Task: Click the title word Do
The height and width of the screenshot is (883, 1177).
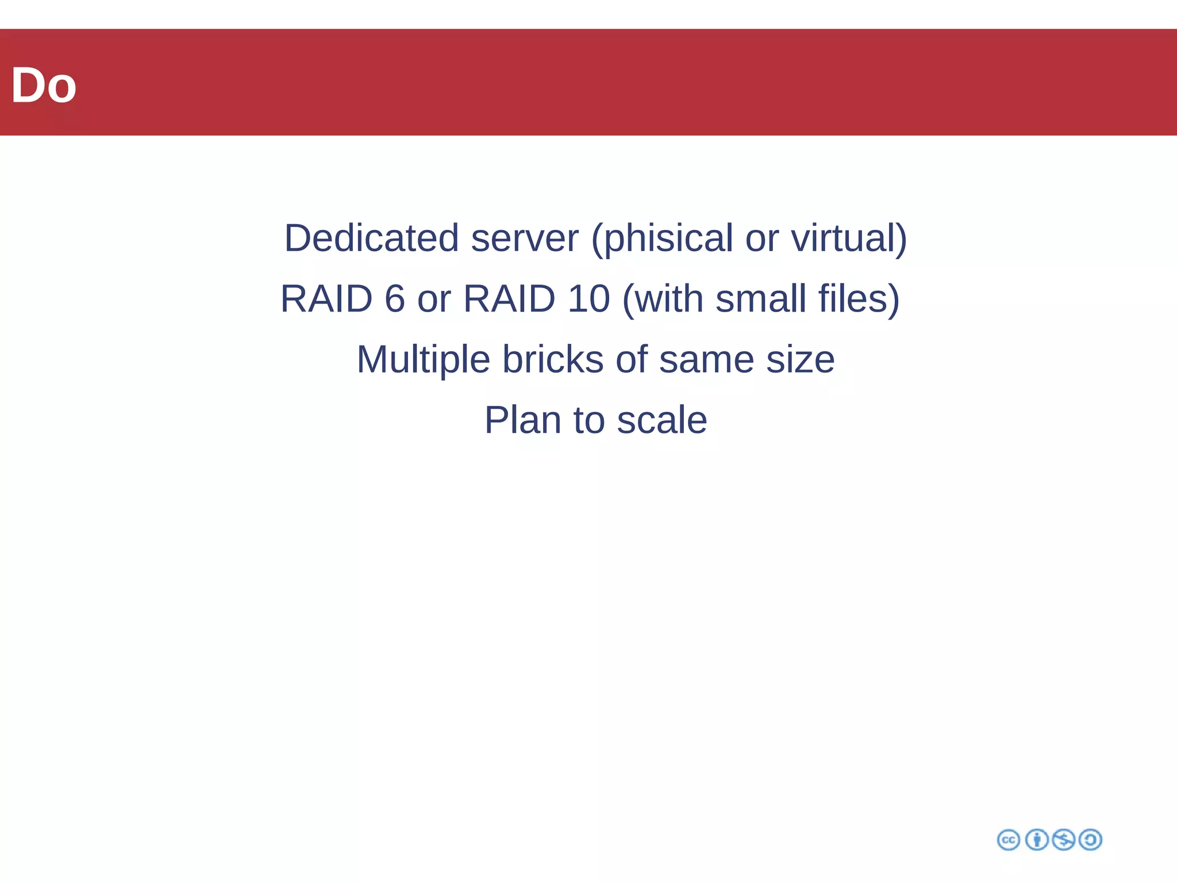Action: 44,86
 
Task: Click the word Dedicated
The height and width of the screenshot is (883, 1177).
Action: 371,238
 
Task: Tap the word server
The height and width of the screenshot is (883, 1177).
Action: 524,238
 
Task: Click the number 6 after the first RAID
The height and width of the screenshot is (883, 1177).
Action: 394,299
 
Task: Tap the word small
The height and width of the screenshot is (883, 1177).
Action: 760,299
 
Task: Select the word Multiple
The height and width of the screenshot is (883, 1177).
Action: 423,360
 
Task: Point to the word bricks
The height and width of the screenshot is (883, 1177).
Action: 553,359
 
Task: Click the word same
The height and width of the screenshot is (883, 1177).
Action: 706,360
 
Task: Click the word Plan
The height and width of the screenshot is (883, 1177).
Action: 522,420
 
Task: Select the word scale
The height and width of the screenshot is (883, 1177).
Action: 661,420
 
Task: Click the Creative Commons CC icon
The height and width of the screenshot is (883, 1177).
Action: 1008,840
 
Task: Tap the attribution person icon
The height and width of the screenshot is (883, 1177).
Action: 1037,840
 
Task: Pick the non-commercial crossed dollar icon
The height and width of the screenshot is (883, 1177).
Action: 1063,840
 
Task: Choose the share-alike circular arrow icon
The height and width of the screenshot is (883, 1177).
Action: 1090,840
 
